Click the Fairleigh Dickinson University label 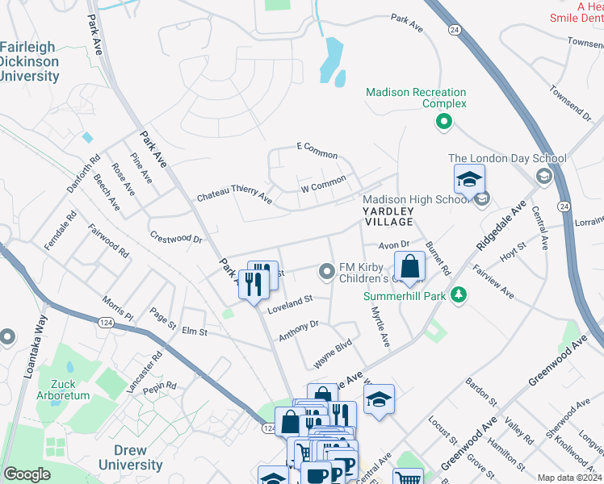point(30,62)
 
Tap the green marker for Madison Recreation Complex point(443,123)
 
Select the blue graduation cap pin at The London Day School point(469,180)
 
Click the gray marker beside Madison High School point(482,199)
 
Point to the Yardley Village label point(386,215)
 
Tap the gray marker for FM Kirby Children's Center point(327,272)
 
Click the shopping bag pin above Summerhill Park point(409,267)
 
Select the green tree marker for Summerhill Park point(459,295)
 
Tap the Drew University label point(123,457)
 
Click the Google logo point(27,474)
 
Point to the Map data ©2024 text point(568,478)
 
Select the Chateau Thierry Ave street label point(234,194)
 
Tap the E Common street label point(317,150)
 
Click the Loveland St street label point(296,300)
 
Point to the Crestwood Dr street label point(175,237)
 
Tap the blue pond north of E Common point(332,61)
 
